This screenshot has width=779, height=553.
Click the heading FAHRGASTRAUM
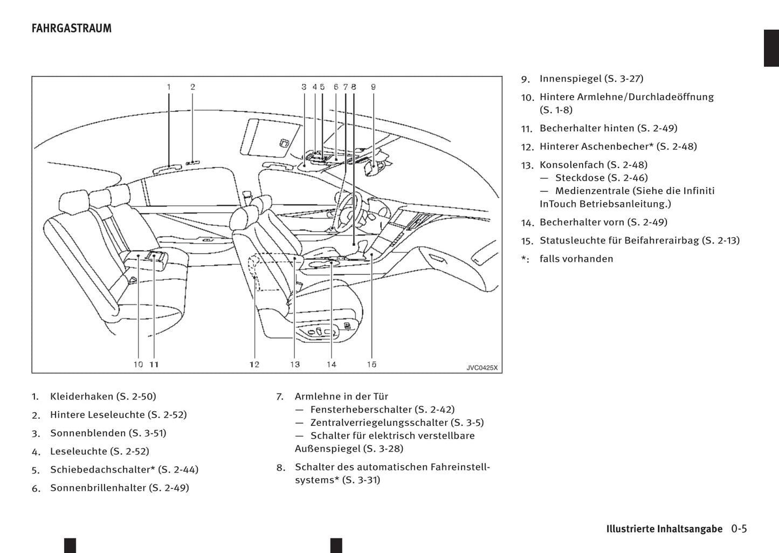click(72, 29)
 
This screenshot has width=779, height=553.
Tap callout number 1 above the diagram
click(169, 87)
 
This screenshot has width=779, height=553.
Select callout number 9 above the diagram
click(373, 87)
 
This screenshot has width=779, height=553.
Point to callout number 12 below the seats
click(254, 365)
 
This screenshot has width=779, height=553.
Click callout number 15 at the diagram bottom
click(371, 365)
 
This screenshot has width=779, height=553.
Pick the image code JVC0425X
click(482, 368)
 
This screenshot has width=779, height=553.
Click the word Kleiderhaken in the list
click(81, 397)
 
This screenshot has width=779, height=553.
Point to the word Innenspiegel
click(570, 79)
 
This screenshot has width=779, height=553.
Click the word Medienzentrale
click(592, 191)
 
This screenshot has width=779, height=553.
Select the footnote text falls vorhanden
click(576, 259)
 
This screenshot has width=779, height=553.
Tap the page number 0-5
click(739, 529)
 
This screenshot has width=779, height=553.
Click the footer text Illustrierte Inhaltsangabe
click(664, 529)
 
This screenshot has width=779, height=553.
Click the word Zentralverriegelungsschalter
click(379, 423)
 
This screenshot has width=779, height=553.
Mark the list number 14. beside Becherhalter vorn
click(527, 223)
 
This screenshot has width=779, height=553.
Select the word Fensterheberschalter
click(361, 410)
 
